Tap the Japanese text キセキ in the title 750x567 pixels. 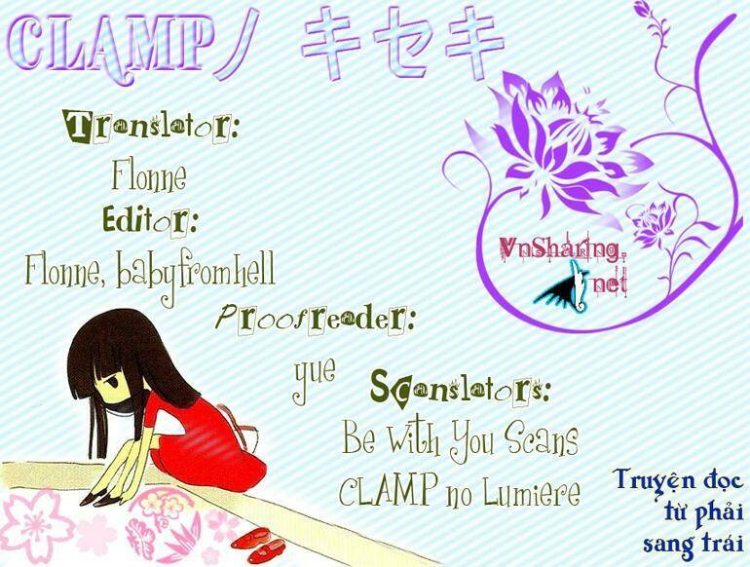pos(401,47)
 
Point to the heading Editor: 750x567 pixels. pos(151,222)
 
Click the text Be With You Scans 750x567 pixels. pos(460,439)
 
